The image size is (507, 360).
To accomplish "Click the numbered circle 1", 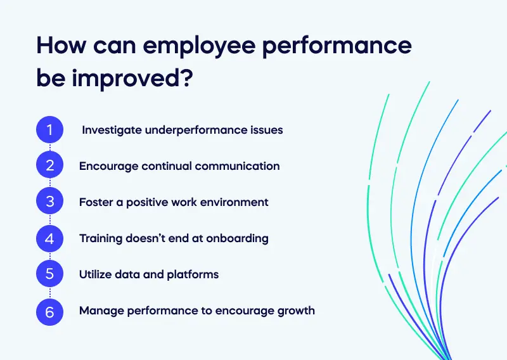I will point(49,130).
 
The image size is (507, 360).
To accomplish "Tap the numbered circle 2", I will point(49,166).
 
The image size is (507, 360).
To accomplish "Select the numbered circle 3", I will point(49,202).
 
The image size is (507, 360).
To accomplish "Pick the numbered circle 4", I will point(49,239).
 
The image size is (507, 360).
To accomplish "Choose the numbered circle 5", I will point(49,275).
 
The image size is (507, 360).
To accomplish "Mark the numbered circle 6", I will point(49,311).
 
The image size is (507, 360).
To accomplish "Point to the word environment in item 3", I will point(234,202).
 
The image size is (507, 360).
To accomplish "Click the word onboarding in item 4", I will point(238,239).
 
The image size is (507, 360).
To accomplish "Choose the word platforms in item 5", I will point(194,275).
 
